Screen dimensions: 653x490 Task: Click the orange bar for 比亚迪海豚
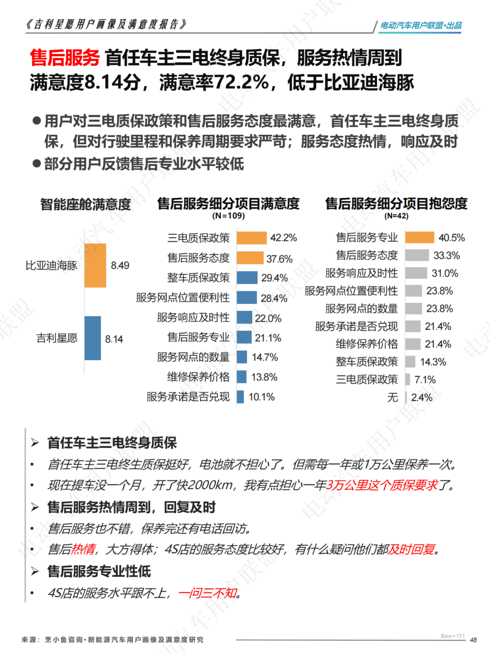point(95,265)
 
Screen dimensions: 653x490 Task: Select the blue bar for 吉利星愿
point(93,338)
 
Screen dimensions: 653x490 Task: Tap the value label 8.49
point(120,265)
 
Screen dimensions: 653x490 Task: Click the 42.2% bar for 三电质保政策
point(251,238)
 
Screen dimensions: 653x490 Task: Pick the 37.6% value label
point(279,259)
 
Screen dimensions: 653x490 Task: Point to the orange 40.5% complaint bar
point(420,237)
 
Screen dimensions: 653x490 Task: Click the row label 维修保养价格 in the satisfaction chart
point(198,377)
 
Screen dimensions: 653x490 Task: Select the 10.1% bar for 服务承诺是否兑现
point(240,397)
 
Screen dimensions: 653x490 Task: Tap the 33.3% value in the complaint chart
point(446,255)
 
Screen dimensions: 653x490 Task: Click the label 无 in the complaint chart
point(392,398)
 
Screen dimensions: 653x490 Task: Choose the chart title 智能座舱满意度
point(85,204)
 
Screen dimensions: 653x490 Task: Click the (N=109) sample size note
point(228,216)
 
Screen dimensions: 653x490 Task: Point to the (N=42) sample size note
point(396,216)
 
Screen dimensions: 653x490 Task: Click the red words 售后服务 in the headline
point(64,58)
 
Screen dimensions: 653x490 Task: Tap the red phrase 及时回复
point(412,550)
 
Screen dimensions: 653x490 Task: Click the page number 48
point(473,640)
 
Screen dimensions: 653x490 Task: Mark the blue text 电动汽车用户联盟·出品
point(421,25)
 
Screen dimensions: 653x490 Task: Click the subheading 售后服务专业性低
point(99,571)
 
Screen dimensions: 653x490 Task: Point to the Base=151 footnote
point(452,636)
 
